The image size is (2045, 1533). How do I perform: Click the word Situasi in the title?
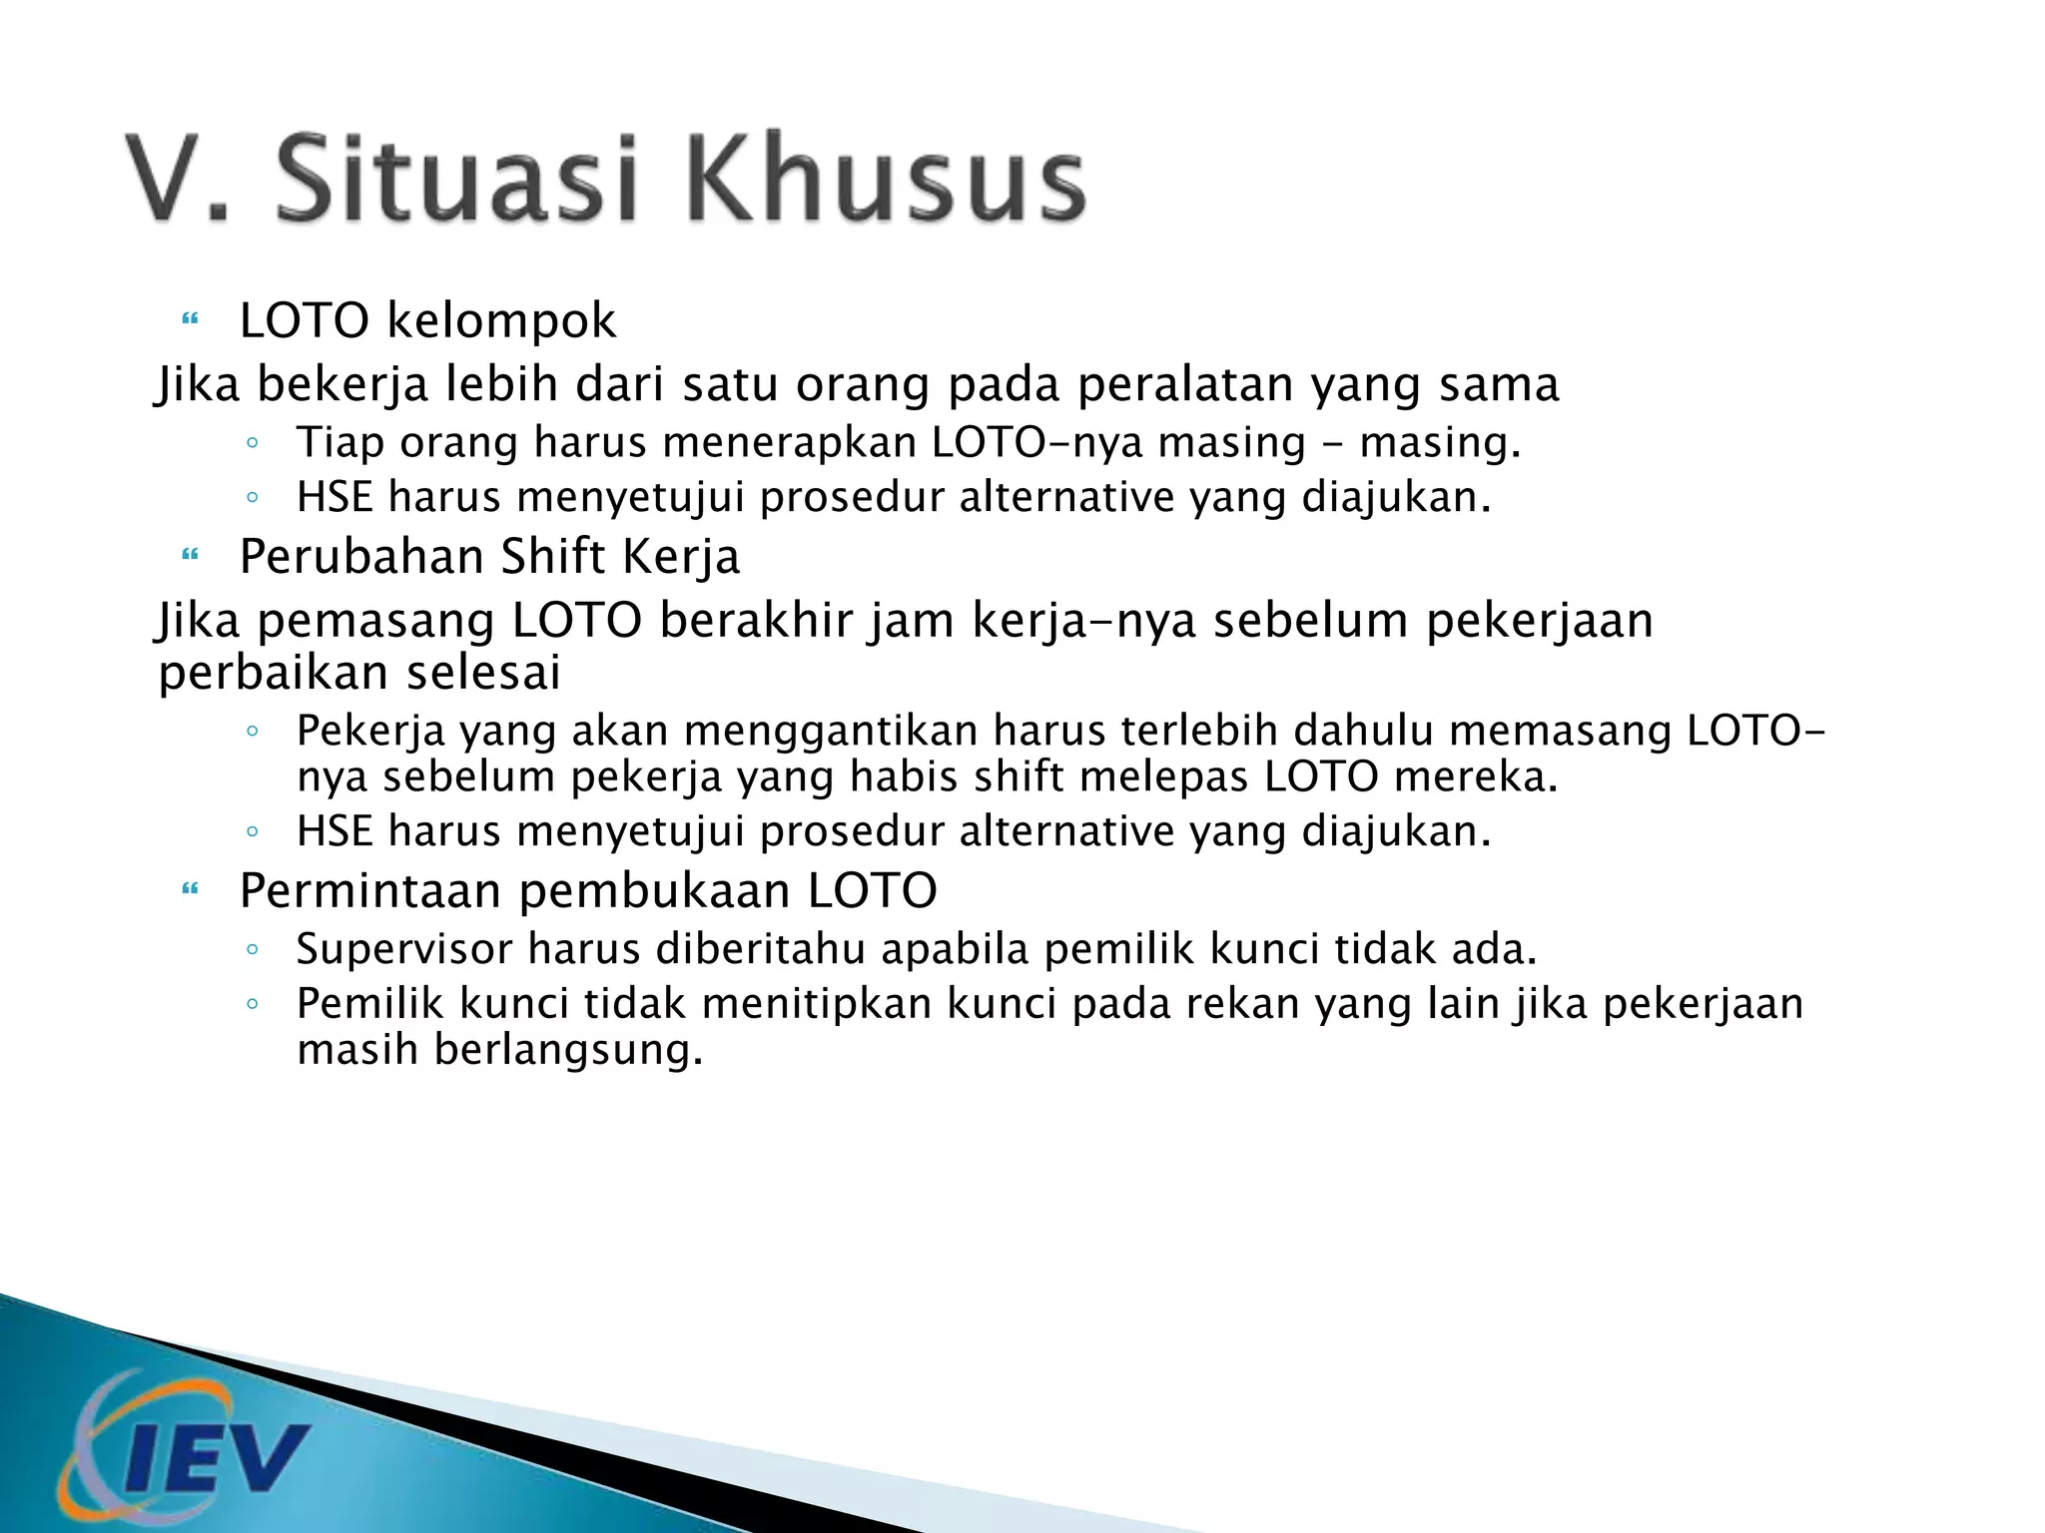456,180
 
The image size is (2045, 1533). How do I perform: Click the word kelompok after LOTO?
501,321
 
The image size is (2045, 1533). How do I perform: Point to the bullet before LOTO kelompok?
190,321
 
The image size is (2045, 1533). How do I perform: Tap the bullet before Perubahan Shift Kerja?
190,556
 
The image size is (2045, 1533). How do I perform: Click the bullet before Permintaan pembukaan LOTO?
190,890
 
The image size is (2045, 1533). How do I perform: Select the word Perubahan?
361,557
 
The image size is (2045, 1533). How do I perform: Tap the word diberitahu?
760,949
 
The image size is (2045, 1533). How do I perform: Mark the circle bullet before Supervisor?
253,949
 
